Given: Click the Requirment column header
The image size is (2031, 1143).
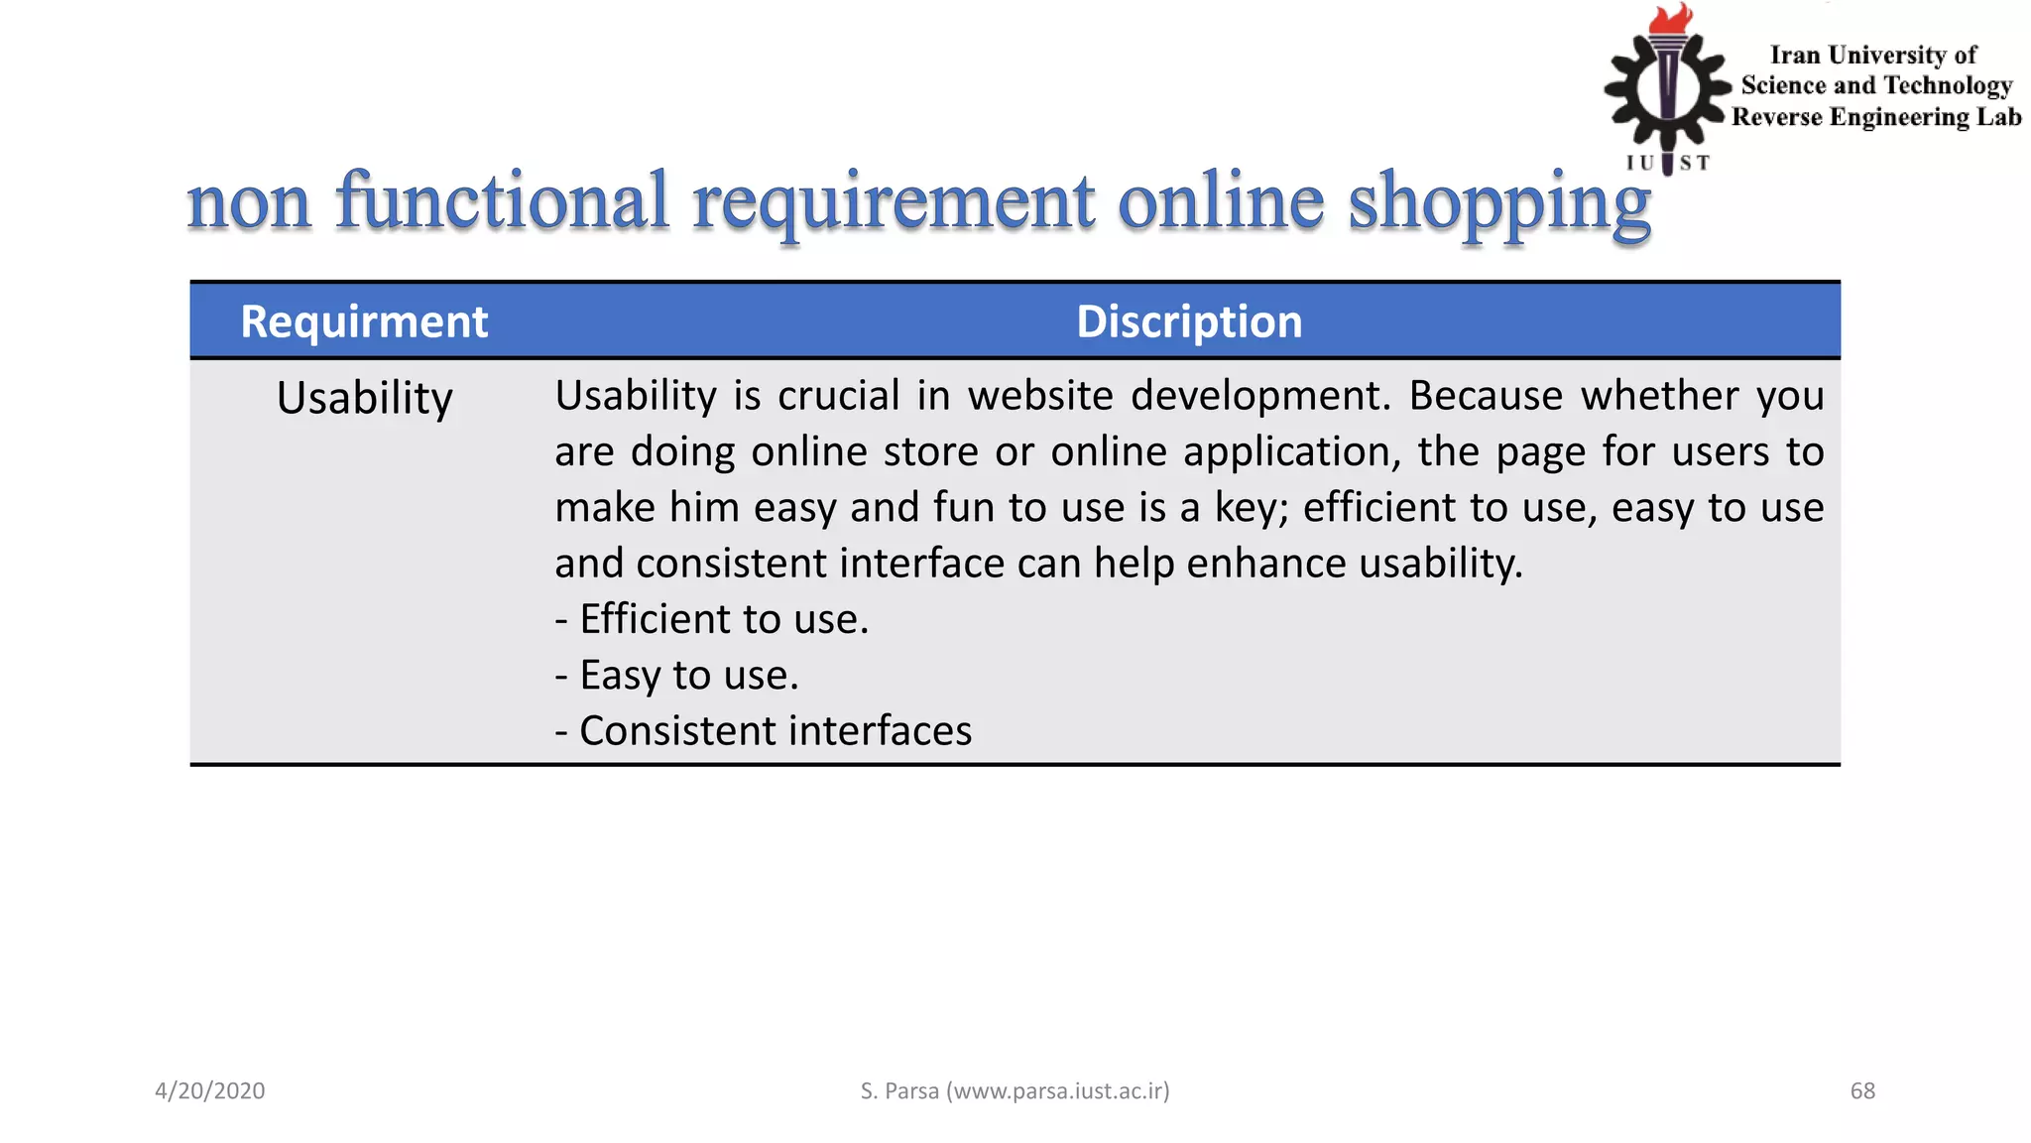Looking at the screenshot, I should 364,322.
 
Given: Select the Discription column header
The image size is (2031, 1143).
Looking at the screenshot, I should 1188,322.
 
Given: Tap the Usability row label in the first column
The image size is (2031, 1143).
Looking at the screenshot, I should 364,399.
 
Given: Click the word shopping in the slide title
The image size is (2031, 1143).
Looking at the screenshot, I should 1498,201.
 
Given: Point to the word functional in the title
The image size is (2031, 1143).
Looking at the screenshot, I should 502,201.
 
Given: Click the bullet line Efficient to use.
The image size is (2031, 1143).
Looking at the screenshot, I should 712,619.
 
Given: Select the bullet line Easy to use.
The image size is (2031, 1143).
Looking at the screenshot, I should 677,676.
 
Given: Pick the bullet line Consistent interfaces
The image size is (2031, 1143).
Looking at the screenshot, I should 764,731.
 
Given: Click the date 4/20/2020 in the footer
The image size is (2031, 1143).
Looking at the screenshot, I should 210,1091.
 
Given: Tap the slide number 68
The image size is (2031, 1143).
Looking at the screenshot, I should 1862,1091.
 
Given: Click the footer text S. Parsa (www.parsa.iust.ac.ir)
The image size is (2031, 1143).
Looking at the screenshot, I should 1015,1091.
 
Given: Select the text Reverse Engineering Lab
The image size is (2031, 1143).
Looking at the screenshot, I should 1876,117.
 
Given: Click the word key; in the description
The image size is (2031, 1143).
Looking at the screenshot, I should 1251,508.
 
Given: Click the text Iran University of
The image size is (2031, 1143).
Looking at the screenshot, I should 1873,56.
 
